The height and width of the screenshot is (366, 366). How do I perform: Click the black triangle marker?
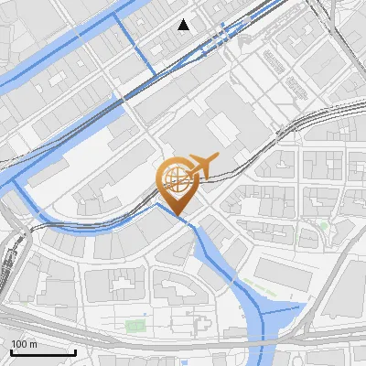[185, 25]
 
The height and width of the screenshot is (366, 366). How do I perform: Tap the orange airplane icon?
[200, 165]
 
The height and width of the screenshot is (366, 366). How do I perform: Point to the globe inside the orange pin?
[175, 176]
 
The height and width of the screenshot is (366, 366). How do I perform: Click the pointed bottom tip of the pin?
[178, 216]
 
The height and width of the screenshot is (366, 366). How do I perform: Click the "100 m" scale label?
[25, 344]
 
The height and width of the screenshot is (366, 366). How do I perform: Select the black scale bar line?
[43, 352]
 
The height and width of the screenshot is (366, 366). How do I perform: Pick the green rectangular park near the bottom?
[135, 325]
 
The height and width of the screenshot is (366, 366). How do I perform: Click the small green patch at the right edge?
[324, 225]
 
